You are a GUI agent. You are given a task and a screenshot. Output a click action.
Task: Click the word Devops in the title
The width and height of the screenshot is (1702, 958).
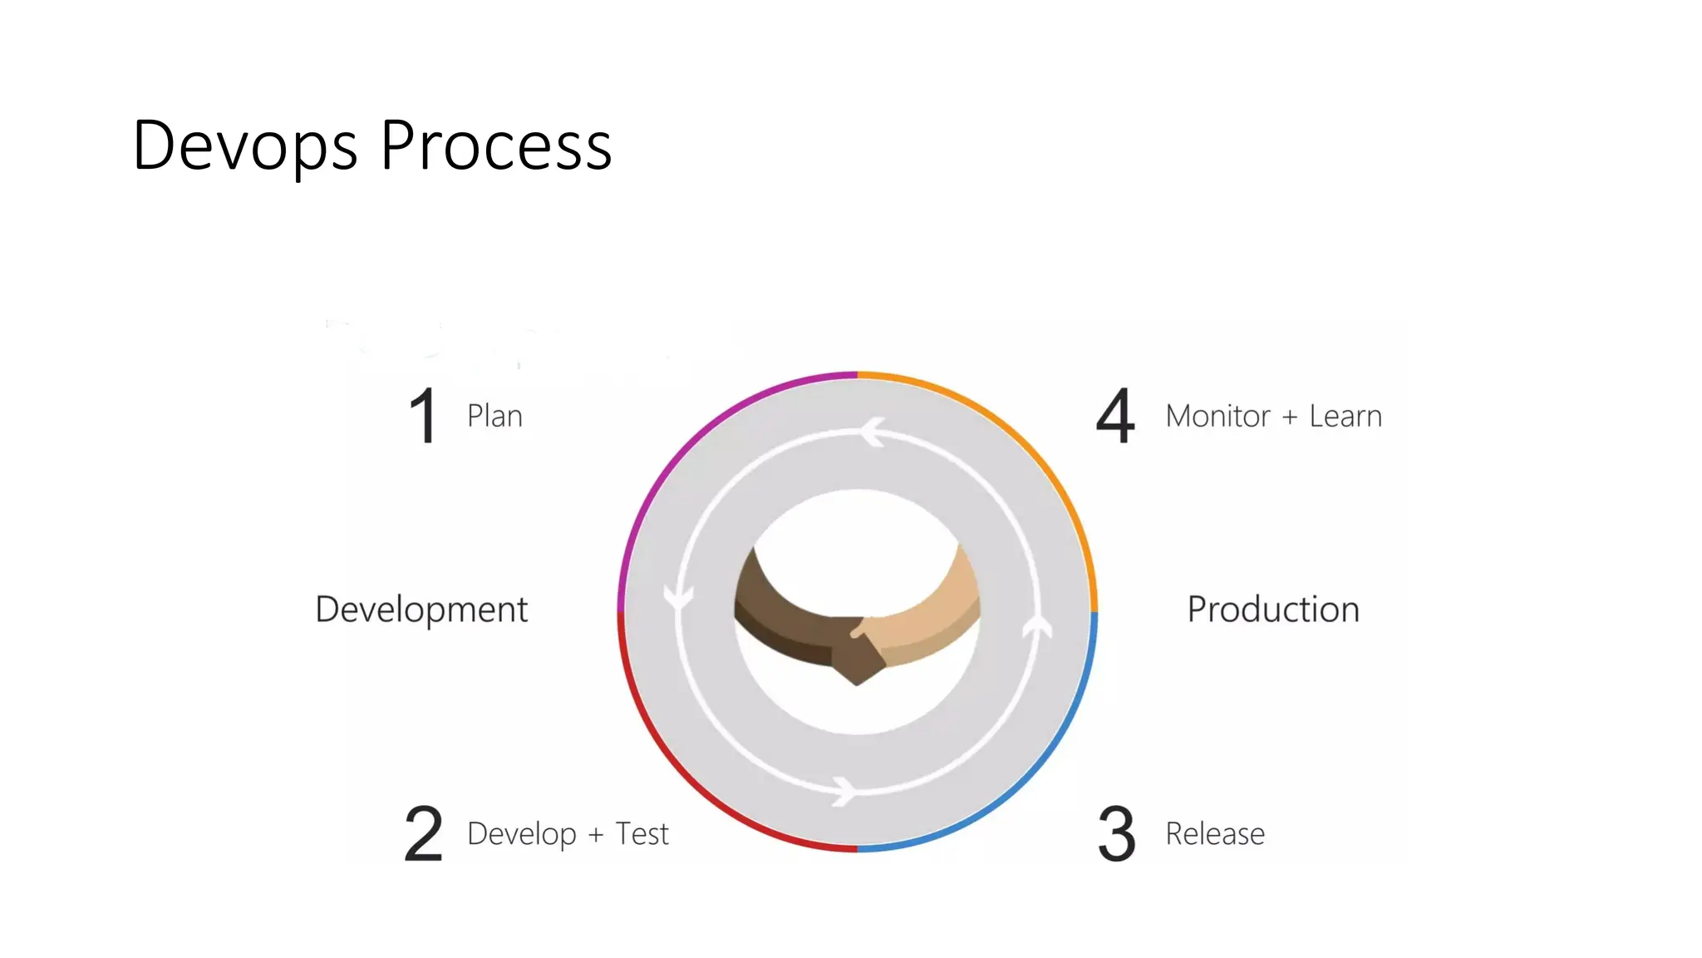pyautogui.click(x=244, y=146)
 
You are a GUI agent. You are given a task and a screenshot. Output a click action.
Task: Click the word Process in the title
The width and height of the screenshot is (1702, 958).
pyautogui.click(x=496, y=146)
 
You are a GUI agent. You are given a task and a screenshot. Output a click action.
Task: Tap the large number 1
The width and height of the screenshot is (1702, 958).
pyautogui.click(x=424, y=415)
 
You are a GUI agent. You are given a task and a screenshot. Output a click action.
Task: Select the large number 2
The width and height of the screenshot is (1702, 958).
pyautogui.click(x=424, y=833)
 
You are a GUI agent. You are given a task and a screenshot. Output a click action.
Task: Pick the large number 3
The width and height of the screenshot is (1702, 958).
pyautogui.click(x=1116, y=833)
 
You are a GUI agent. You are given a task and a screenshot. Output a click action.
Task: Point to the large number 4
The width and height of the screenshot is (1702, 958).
pyautogui.click(x=1115, y=415)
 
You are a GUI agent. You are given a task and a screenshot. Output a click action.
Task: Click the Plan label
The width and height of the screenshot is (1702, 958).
pyautogui.click(x=494, y=416)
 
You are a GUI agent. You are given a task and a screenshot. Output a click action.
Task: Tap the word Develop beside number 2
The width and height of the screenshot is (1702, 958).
pyautogui.click(x=522, y=834)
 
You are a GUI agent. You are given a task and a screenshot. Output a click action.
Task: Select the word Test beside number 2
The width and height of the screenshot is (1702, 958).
pyautogui.click(x=642, y=833)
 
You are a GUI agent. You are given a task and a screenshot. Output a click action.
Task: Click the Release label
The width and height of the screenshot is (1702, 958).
pyautogui.click(x=1215, y=833)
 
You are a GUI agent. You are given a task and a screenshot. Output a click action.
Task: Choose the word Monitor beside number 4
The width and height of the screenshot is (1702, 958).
pyautogui.click(x=1217, y=416)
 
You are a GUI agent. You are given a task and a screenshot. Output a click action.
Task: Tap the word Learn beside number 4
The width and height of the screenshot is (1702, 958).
pyautogui.click(x=1345, y=416)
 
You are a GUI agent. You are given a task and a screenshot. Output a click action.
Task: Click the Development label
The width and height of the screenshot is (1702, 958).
pyautogui.click(x=421, y=610)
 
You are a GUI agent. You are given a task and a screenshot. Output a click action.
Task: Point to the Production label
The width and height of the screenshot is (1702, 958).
pyautogui.click(x=1273, y=610)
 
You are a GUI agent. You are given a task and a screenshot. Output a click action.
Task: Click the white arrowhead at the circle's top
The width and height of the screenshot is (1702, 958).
pyautogui.click(x=872, y=432)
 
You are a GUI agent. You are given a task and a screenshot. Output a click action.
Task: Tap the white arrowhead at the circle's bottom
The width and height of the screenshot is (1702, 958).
pyautogui.click(x=844, y=790)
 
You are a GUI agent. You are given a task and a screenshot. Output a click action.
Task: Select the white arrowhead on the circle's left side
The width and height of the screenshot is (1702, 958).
pyautogui.click(x=678, y=597)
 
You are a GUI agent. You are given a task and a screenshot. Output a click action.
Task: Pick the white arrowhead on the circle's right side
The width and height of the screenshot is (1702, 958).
pyautogui.click(x=1036, y=626)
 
